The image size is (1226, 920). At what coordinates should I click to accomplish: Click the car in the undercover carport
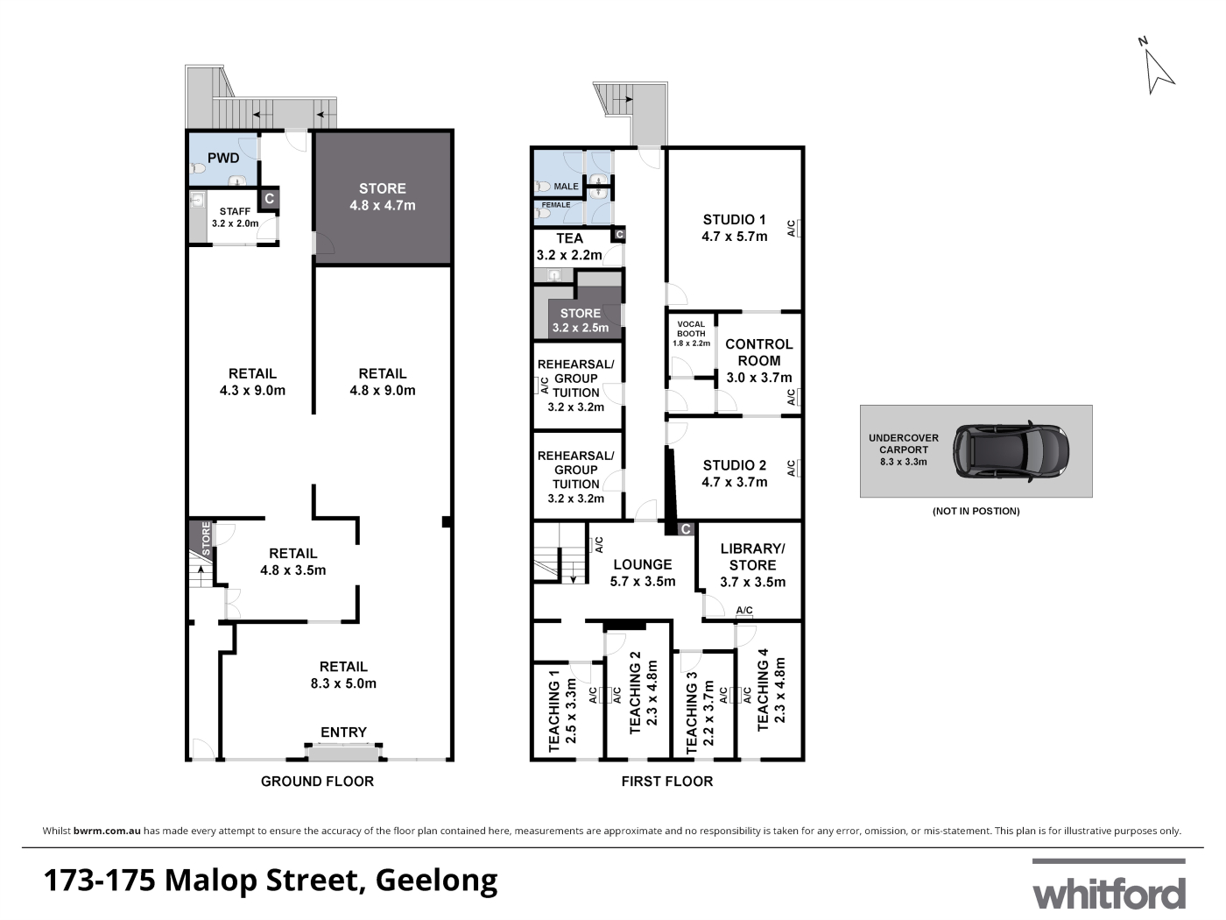click(x=1011, y=450)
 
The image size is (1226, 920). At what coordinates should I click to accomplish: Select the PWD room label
click(x=223, y=158)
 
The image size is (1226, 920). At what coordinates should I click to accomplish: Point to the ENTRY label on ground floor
click(x=343, y=732)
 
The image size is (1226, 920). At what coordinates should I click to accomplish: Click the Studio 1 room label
click(x=735, y=220)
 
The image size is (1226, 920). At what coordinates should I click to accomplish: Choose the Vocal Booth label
click(x=691, y=329)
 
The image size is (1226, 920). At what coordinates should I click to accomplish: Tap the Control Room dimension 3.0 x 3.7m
click(x=759, y=378)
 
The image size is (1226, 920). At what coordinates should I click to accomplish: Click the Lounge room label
click(x=643, y=564)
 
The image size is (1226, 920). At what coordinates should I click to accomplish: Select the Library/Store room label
click(x=752, y=557)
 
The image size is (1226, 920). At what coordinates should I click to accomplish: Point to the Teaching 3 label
click(x=692, y=712)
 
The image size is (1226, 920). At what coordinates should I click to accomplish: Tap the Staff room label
click(x=235, y=211)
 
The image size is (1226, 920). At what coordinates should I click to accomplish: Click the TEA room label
click(x=570, y=238)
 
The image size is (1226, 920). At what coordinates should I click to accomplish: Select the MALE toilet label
click(x=566, y=187)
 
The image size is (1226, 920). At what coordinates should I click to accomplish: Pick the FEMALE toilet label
click(x=556, y=205)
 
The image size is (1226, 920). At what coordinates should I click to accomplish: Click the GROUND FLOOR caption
click(x=317, y=781)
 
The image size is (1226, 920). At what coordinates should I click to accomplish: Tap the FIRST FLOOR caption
click(x=667, y=781)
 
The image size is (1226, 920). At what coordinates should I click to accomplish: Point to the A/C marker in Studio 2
click(x=791, y=468)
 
